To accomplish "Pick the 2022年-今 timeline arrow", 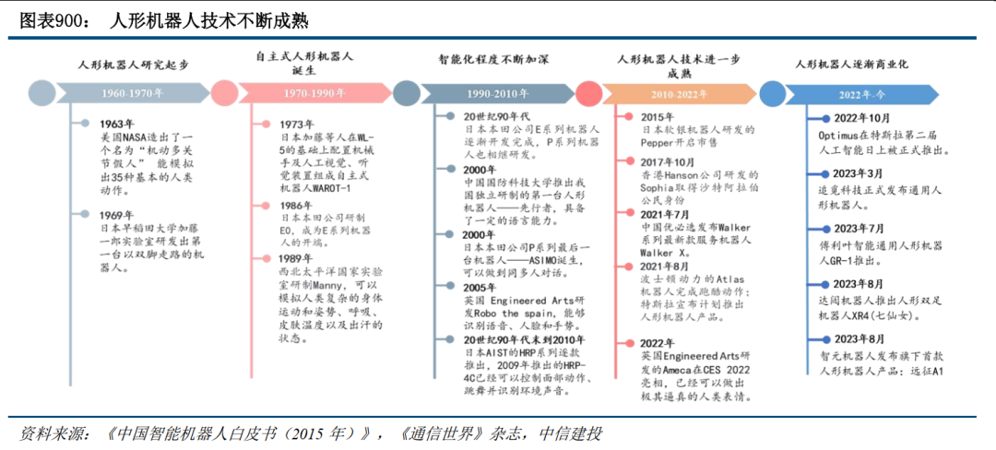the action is [x=860, y=93].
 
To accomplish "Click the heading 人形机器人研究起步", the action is [x=133, y=65].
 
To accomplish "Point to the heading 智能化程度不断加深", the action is [x=493, y=60].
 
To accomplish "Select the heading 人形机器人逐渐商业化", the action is [x=852, y=65].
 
